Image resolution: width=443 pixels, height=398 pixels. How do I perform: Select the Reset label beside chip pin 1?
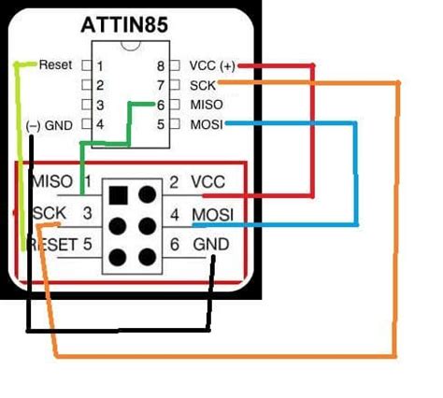pyautogui.click(x=55, y=66)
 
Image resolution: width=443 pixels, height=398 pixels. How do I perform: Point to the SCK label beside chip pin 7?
pyautogui.click(x=203, y=85)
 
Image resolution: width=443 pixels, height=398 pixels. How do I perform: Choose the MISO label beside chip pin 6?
pyautogui.click(x=206, y=105)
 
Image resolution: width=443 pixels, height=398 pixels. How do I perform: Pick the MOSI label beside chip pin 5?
pyautogui.click(x=207, y=124)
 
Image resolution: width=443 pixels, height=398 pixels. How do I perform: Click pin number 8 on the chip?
pyautogui.click(x=161, y=66)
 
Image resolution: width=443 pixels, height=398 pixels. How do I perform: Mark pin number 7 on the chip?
pyautogui.click(x=161, y=85)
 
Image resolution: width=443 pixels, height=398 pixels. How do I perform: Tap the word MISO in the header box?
pyautogui.click(x=52, y=181)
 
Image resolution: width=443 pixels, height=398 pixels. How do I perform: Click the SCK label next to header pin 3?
pyautogui.click(x=49, y=214)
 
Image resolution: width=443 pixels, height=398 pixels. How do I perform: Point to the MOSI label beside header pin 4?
pyautogui.click(x=212, y=215)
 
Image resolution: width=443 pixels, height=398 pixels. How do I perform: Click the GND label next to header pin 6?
pyautogui.click(x=210, y=246)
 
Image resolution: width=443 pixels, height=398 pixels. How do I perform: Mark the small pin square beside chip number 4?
pyautogui.click(x=86, y=124)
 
